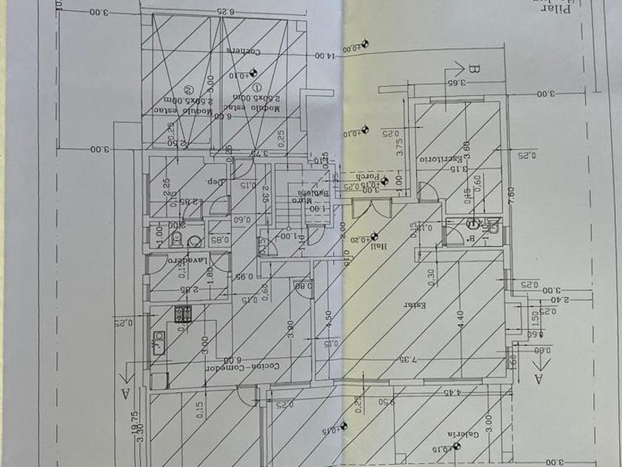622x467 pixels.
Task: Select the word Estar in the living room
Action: [412, 305]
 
